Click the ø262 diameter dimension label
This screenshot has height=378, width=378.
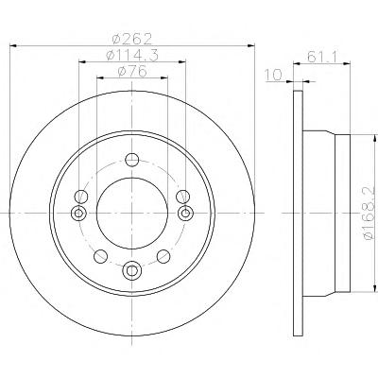tap(132, 39)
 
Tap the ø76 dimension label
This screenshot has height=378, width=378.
tap(132, 71)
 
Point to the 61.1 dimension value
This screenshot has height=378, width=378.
tap(322, 57)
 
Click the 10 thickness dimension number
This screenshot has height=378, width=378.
tap(273, 75)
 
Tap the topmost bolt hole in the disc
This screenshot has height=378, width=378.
tap(132, 160)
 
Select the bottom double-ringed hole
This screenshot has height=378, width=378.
tap(132, 270)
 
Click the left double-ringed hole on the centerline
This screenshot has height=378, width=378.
tap(78, 214)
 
